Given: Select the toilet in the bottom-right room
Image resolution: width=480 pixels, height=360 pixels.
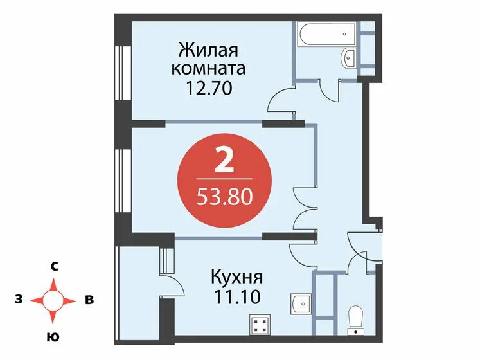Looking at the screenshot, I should [353, 318].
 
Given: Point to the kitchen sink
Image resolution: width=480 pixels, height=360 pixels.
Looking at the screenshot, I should [300, 303].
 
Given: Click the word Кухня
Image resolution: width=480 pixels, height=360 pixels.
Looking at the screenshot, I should [236, 278].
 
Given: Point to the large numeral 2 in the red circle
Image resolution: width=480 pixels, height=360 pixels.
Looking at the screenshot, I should [224, 161].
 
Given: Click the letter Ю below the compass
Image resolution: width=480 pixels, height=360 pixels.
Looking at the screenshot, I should [55, 336].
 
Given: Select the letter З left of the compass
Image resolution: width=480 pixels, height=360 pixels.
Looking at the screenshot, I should [19, 300].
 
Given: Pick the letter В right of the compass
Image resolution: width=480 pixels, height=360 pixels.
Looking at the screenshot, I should [89, 300].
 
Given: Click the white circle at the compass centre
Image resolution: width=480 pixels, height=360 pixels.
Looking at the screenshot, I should [54, 300].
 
